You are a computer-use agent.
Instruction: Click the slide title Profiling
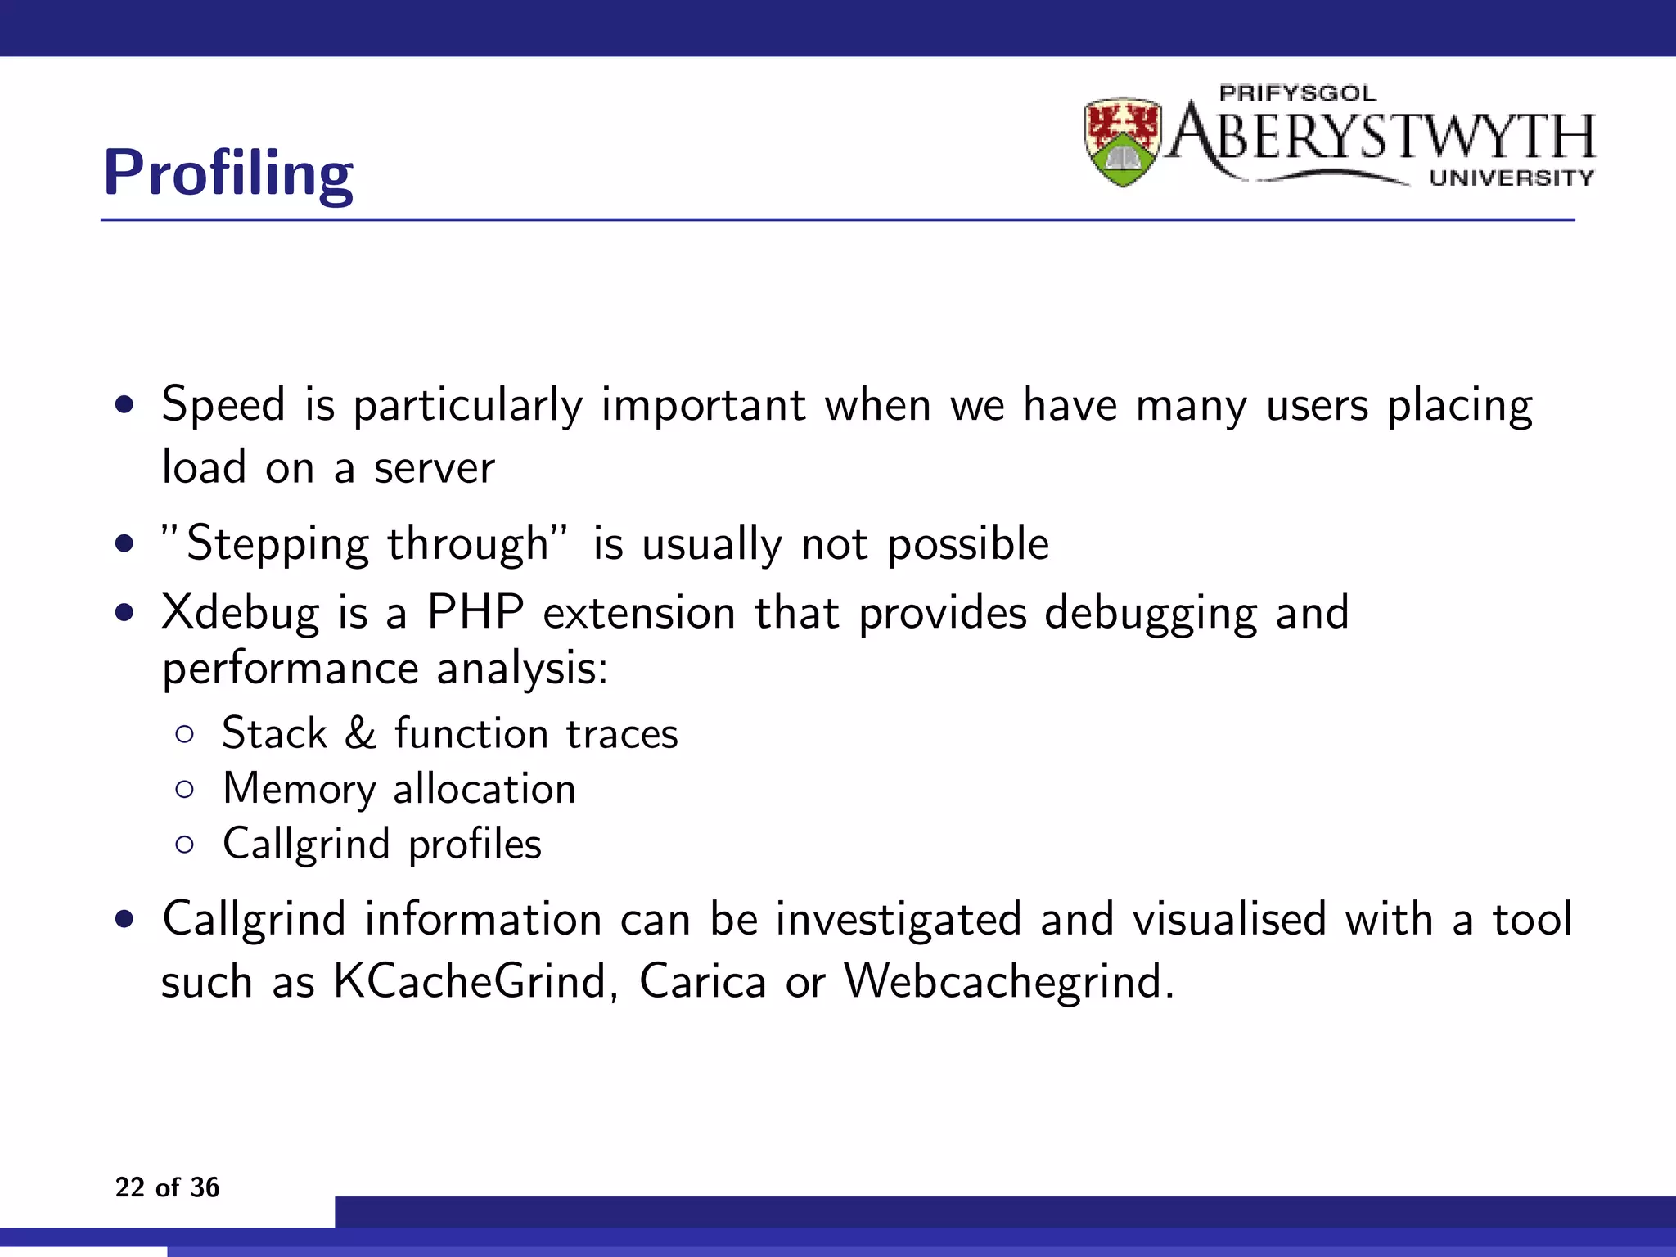[x=228, y=173]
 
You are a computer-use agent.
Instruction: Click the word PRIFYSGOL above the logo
[x=1297, y=93]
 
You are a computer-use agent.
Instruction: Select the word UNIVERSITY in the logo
[x=1512, y=178]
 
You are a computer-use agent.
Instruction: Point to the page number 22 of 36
[x=167, y=1187]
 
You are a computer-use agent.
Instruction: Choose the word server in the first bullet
[x=434, y=467]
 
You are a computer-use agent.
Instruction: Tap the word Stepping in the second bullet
[x=277, y=545]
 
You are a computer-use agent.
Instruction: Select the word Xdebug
[x=240, y=613]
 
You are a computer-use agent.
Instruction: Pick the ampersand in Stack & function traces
[x=360, y=732]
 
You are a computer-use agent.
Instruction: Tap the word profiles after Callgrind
[x=475, y=845]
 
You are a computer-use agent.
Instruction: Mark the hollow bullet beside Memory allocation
[x=185, y=790]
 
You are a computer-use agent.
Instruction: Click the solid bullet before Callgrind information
[x=124, y=919]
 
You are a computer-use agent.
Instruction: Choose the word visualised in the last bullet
[x=1229, y=919]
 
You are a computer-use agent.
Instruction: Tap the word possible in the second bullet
[x=968, y=545]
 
